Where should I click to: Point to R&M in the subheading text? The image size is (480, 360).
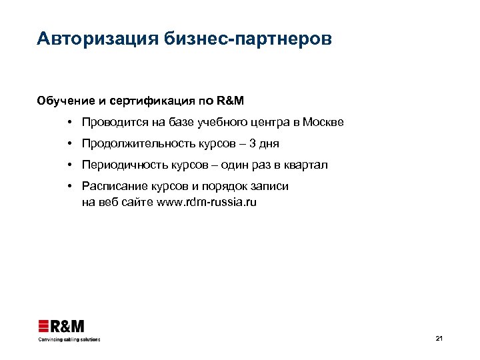231,101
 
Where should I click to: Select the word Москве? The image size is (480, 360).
323,123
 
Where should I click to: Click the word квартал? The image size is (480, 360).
305,165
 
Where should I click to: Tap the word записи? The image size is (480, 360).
271,186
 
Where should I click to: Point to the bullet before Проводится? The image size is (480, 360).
69,123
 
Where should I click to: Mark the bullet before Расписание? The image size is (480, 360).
69,186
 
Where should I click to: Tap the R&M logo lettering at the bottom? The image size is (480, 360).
69,326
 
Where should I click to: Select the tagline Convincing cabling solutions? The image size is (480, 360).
69,339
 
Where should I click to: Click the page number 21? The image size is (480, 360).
439,339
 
